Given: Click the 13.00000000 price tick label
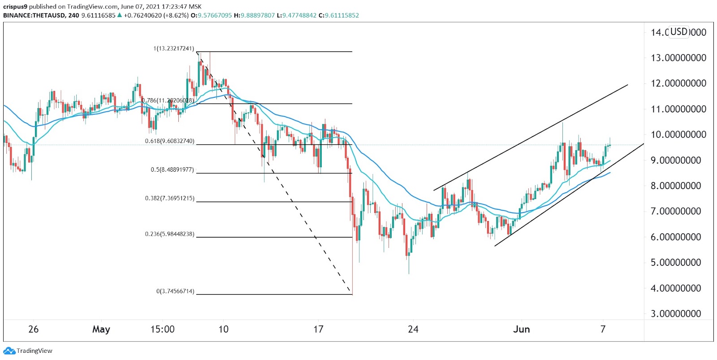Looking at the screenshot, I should click(x=678, y=58).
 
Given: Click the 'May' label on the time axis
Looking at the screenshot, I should click(x=101, y=330).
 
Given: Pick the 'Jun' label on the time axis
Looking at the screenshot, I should click(x=521, y=330).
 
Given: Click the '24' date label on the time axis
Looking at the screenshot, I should click(x=413, y=330).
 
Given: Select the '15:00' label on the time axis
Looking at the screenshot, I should click(x=162, y=330).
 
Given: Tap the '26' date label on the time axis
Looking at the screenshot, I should click(x=33, y=330).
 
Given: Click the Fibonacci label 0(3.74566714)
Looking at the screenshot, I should click(x=175, y=291).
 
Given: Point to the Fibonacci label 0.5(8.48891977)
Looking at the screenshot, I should click(x=172, y=170).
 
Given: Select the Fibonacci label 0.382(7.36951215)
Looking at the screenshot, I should click(x=169, y=198).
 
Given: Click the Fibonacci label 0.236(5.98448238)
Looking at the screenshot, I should click(x=169, y=234).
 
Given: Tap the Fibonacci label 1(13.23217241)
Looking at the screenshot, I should click(x=174, y=48).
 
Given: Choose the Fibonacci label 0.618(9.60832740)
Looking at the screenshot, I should click(x=169, y=141).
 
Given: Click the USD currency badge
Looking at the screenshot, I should click(x=678, y=32).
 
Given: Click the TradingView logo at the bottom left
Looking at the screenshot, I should click(x=28, y=351).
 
